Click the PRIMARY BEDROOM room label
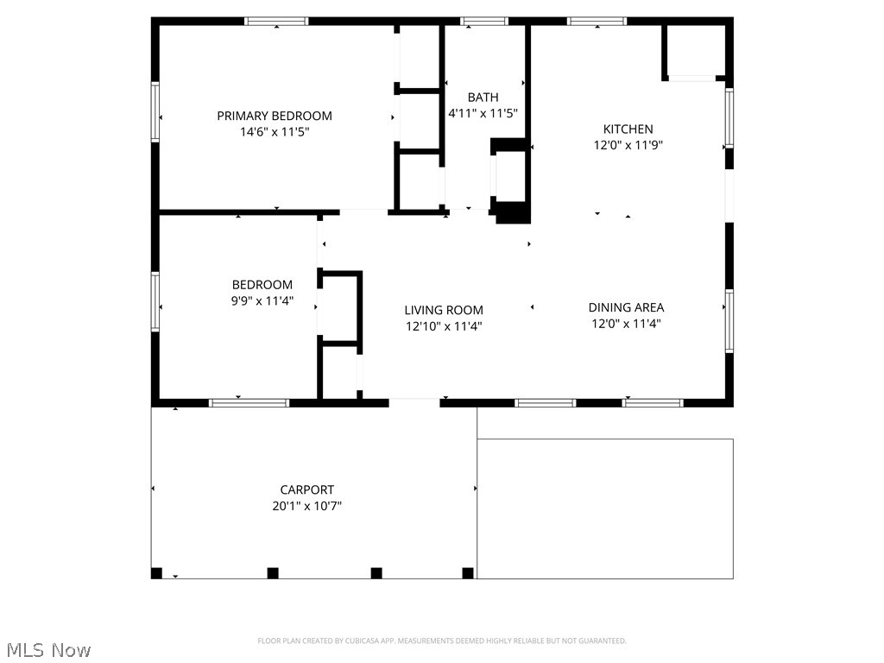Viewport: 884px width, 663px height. coord(275,117)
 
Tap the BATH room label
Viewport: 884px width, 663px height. coord(483,98)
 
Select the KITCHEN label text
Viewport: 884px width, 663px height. coord(628,129)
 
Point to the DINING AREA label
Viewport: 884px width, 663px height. coord(627,308)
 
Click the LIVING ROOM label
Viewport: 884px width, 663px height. coord(444,310)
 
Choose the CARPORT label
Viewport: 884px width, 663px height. coord(307,490)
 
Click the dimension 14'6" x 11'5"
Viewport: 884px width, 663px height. coord(275,132)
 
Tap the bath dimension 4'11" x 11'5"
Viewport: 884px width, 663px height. coord(483,114)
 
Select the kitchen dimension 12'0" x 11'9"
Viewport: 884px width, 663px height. coord(628,145)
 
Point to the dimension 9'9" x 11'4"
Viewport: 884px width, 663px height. coord(262,301)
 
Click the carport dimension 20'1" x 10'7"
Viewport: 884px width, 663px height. coord(307,506)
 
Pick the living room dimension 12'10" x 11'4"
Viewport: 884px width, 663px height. coord(444,326)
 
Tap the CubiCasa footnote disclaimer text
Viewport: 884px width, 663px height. coord(442,641)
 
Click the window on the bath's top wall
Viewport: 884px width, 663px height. coord(484,22)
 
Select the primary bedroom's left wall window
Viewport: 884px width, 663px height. coord(155,111)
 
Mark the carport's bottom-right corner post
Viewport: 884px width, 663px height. coord(468,573)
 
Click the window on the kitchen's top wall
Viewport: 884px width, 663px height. coord(597,22)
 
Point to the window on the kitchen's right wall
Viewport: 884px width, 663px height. coord(729,118)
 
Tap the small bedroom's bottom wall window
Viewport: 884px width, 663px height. coord(249,403)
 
